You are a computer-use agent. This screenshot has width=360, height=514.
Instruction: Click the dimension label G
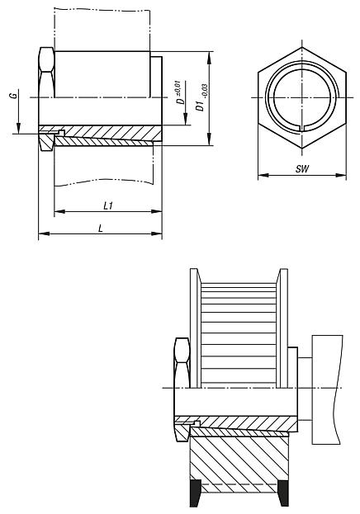click(x=13, y=96)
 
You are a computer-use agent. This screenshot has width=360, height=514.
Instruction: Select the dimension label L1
click(x=108, y=206)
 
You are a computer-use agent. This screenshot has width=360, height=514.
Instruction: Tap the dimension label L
click(x=101, y=229)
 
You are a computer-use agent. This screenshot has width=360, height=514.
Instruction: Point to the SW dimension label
click(x=302, y=169)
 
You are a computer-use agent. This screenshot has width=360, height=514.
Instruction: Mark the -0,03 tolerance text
click(x=205, y=91)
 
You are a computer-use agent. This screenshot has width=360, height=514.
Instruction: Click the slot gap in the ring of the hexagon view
click(x=301, y=128)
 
